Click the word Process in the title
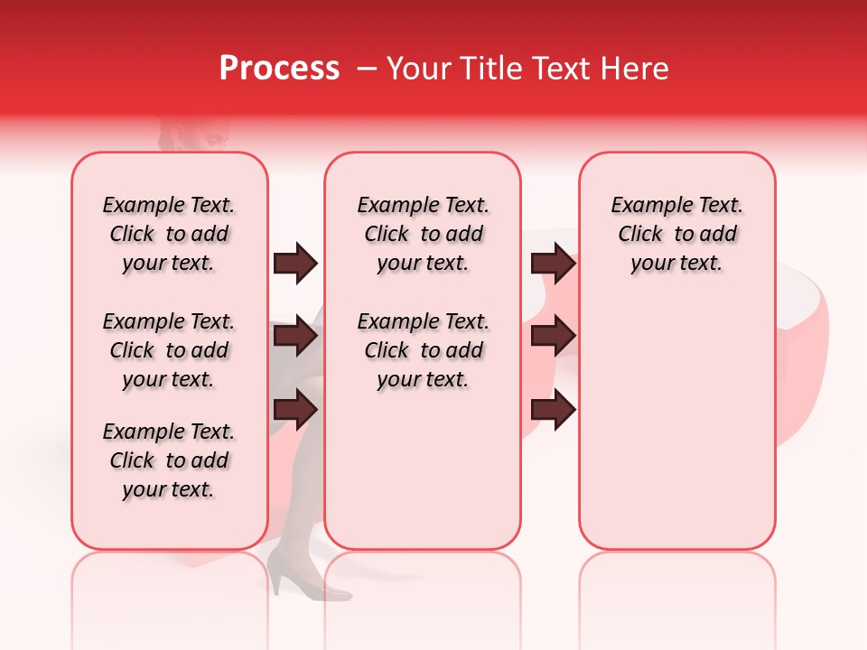click(279, 69)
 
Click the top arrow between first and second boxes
click(295, 264)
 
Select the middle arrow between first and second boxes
click(295, 337)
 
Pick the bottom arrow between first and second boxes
click(295, 410)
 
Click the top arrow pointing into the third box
click(553, 264)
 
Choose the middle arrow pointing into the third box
click(553, 337)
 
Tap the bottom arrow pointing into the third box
click(553, 410)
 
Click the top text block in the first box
click(169, 234)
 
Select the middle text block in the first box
click(169, 350)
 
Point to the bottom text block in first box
click(169, 460)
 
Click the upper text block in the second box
click(423, 234)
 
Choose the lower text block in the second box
click(423, 350)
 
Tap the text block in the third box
click(676, 234)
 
